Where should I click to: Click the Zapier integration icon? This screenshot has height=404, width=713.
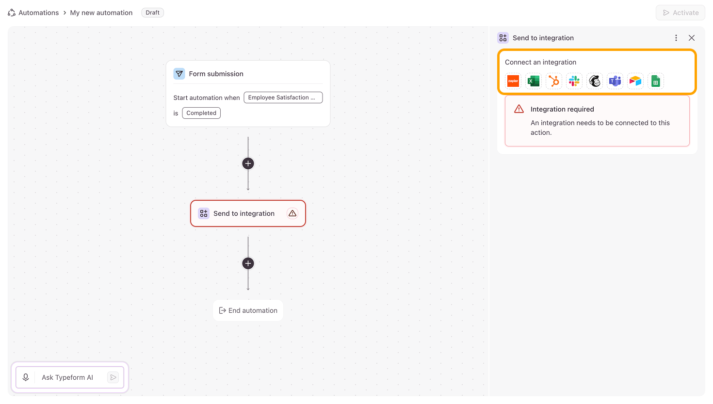(x=513, y=81)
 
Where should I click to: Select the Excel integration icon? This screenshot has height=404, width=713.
(x=533, y=81)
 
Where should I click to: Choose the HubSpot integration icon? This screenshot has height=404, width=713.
(x=554, y=81)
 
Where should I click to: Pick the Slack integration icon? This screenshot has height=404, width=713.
(x=574, y=81)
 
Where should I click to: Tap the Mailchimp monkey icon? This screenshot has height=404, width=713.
(x=595, y=81)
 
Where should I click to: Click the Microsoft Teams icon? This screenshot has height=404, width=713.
(x=615, y=81)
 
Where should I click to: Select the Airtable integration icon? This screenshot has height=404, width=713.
(x=635, y=81)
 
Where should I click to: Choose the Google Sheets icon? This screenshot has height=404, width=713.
(x=656, y=81)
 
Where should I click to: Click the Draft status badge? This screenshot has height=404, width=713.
(x=152, y=13)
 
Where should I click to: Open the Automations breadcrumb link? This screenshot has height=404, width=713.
(x=38, y=13)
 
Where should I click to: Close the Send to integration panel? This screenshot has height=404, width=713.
(x=691, y=38)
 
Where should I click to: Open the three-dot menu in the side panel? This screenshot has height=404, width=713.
(x=676, y=38)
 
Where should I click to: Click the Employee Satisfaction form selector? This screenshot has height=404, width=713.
(x=283, y=97)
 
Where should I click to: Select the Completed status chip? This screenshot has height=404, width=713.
(x=201, y=113)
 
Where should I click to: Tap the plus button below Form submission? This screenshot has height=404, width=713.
(x=248, y=163)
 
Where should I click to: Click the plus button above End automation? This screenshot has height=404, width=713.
(x=248, y=263)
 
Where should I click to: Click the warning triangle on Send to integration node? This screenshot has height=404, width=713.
(x=292, y=213)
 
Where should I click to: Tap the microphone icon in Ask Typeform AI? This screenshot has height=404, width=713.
(x=26, y=377)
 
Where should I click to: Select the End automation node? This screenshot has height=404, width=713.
(x=248, y=310)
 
